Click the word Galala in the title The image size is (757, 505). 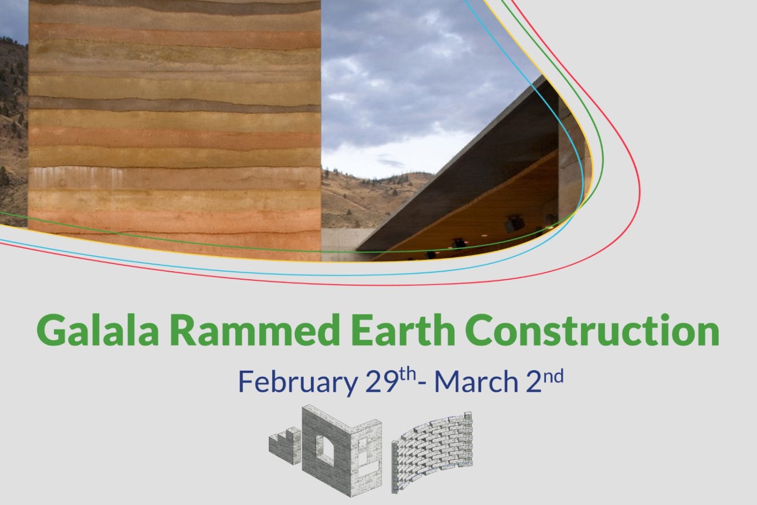coord(98,330)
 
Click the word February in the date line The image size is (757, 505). coord(298,382)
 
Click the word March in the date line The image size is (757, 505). coord(476,382)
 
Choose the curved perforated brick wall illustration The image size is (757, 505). coord(432,450)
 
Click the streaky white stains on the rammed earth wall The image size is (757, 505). coord(78,177)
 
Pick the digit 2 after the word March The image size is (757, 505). coord(534,382)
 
